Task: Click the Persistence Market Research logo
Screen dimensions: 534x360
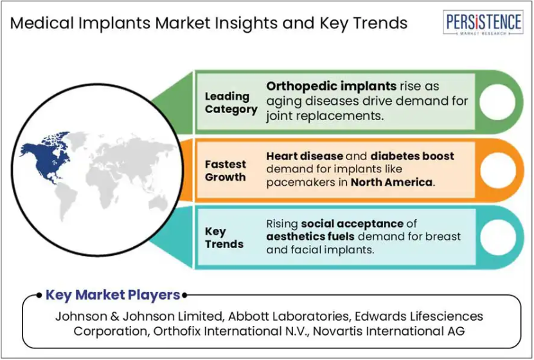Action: click(x=483, y=22)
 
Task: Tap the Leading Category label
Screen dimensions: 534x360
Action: click(x=231, y=102)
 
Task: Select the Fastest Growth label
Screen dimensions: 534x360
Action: click(x=225, y=170)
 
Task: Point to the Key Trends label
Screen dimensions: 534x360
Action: click(x=224, y=238)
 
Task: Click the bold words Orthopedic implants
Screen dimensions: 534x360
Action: click(x=331, y=86)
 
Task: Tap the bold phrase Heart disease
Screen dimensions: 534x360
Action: click(x=305, y=156)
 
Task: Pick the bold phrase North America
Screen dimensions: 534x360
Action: click(x=391, y=182)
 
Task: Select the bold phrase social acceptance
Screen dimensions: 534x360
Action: click(x=352, y=224)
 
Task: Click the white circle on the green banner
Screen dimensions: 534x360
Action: click(x=497, y=102)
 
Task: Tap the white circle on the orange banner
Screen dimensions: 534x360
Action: click(x=498, y=170)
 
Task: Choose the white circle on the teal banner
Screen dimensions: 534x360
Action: click(x=498, y=237)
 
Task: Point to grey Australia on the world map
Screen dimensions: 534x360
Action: click(x=158, y=204)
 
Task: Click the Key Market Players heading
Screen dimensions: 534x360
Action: click(x=112, y=295)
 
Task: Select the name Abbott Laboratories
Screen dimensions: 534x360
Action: click(x=289, y=316)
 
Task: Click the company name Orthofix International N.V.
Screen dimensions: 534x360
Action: click(x=231, y=331)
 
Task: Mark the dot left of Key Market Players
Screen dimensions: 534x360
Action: click(x=39, y=295)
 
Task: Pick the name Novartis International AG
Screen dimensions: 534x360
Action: click(x=389, y=331)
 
